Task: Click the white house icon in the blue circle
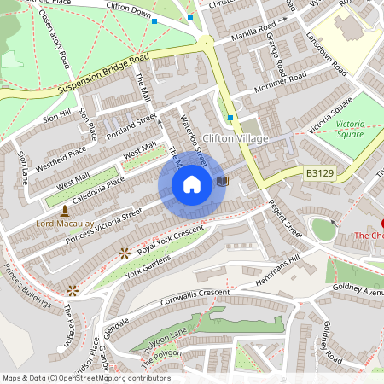192,184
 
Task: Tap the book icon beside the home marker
224,182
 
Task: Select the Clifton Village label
236,138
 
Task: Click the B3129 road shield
319,173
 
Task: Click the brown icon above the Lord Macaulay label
64,210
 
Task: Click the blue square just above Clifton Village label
230,119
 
